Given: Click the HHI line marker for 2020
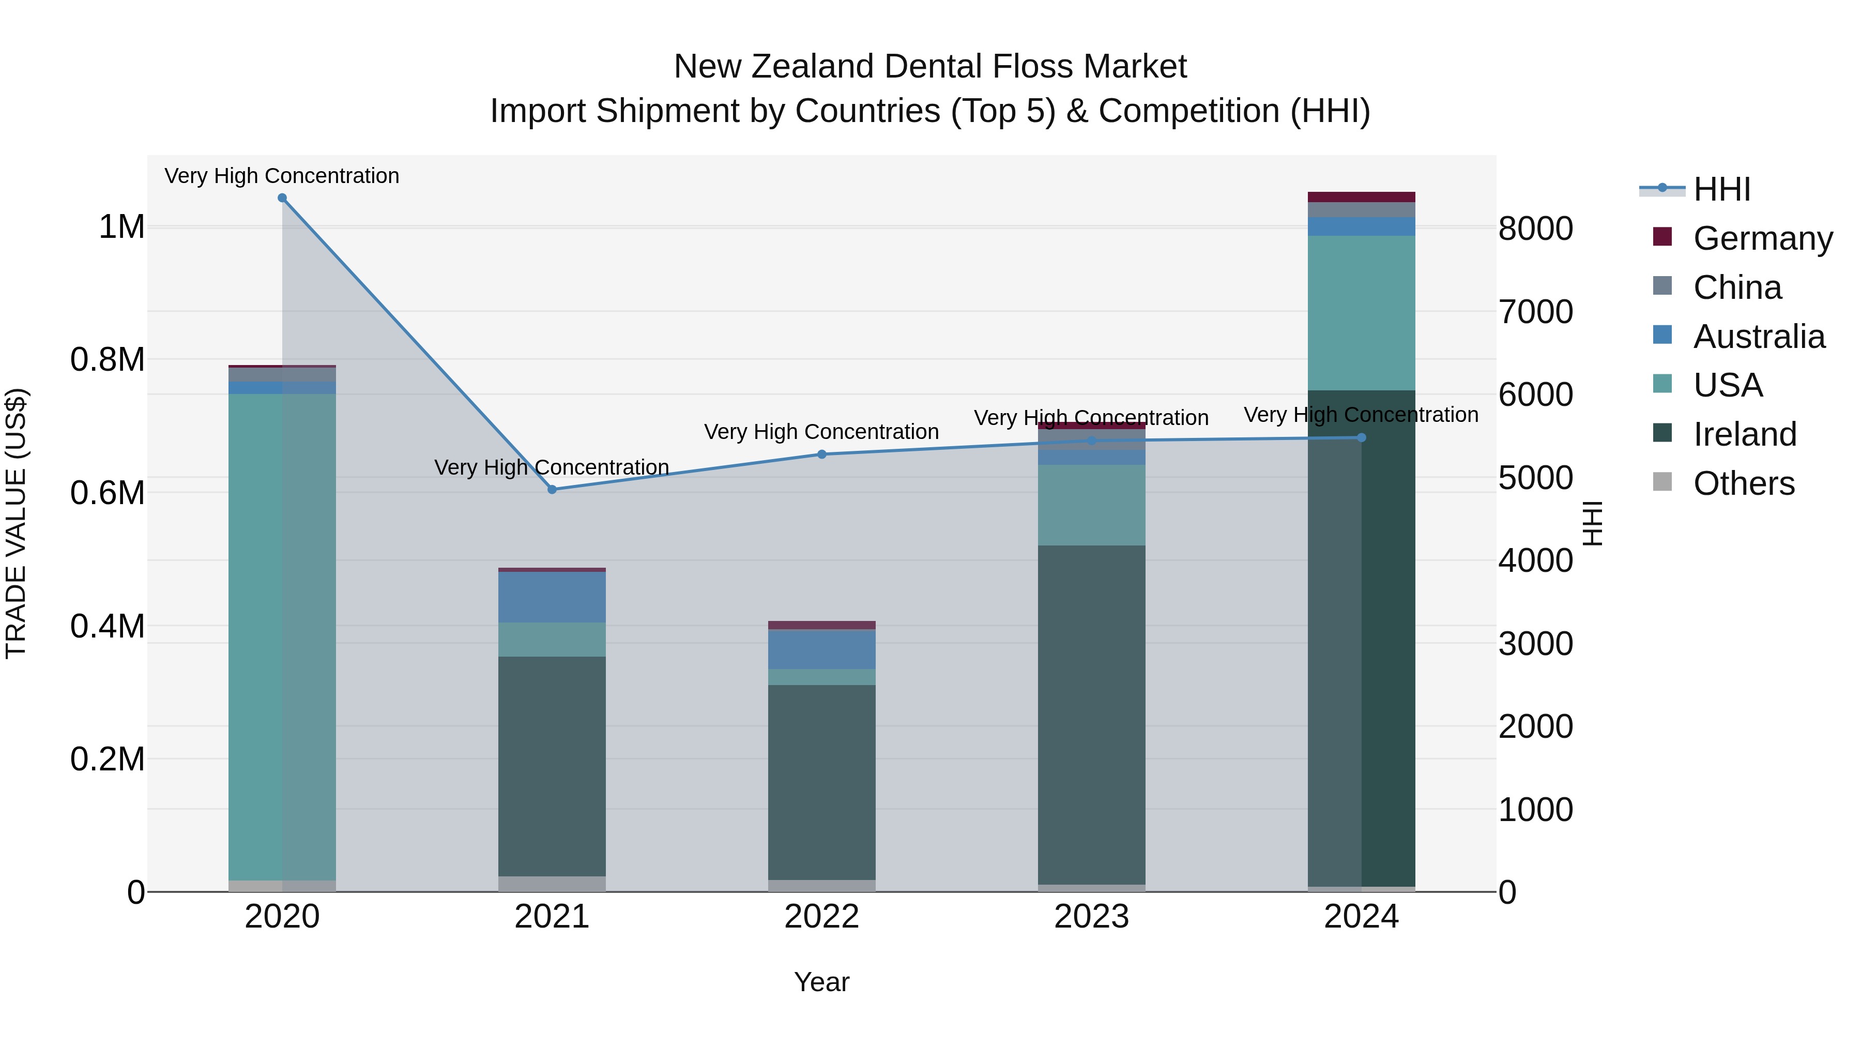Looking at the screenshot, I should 282,198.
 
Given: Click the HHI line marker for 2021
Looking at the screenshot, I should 552,489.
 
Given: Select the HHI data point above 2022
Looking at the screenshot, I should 821,454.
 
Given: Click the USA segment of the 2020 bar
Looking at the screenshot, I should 282,636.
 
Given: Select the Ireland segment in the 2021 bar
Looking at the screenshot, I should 552,766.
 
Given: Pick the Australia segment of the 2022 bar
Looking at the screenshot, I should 821,649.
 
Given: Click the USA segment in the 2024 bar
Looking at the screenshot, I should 1361,313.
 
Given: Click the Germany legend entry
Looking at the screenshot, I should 1762,238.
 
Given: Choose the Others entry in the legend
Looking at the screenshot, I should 1743,483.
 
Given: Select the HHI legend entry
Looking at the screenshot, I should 1721,189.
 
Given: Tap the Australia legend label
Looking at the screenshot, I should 1759,337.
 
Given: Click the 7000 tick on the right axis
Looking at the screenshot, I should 1535,312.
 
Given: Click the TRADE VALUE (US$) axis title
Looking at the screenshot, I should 16,523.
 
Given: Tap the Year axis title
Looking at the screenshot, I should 821,982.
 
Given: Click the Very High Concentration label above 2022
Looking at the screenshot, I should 821,432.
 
